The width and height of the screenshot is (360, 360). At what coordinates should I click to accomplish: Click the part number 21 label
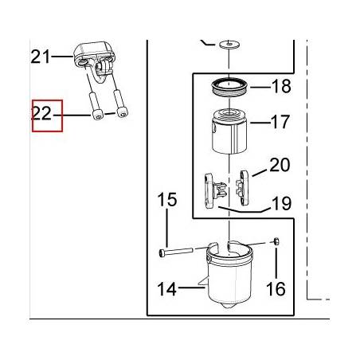coord(41,57)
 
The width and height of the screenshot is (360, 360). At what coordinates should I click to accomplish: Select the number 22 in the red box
coord(41,113)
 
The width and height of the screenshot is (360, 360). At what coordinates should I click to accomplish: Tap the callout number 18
coord(281,86)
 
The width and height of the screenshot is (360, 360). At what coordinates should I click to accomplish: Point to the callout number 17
coord(280,122)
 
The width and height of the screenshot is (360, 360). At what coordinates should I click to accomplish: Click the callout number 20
coord(280,165)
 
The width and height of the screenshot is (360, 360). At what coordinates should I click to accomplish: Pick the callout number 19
coord(282,203)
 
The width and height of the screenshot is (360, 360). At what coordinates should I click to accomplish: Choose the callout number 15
coord(167,200)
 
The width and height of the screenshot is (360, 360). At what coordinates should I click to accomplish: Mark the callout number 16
coord(276,289)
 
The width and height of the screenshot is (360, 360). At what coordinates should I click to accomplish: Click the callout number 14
coord(166,289)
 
